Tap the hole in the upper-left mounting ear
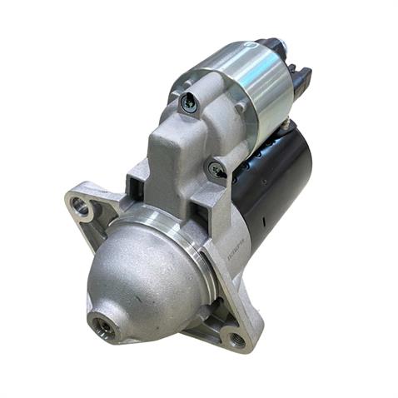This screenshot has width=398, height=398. (x=82, y=204)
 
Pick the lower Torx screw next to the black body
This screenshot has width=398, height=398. (x=217, y=170)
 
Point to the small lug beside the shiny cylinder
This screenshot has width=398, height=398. (x=241, y=107)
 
